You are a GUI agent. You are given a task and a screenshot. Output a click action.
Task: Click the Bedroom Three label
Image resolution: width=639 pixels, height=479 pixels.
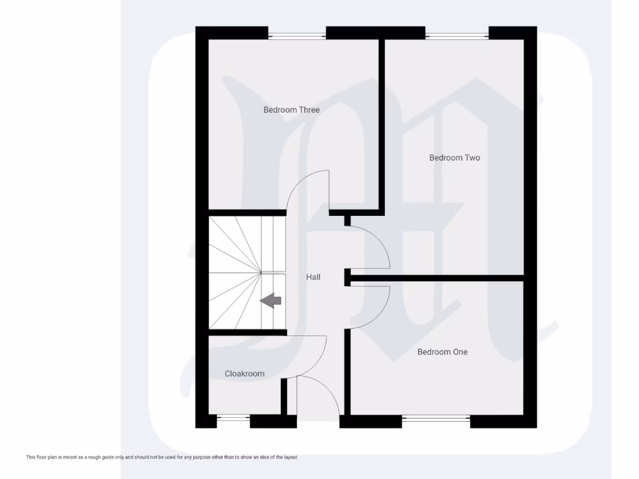pos(291,110)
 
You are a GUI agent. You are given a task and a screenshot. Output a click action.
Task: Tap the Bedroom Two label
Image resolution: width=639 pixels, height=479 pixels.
pos(454,158)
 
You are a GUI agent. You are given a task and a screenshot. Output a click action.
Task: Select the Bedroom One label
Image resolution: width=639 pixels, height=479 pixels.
pos(442,352)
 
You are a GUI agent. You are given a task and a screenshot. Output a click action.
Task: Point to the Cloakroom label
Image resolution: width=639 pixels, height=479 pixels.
pos(245,374)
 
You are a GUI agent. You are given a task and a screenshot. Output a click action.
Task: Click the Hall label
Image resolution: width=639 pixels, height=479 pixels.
pos(313,277)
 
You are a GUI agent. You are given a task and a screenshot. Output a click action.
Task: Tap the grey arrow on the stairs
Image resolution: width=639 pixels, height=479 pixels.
pos(271,301)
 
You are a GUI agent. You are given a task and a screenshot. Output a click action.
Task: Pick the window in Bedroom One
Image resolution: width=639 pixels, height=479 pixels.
pos(436,419)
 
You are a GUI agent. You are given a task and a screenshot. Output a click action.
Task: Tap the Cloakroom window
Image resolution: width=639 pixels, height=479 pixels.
pos(233,419)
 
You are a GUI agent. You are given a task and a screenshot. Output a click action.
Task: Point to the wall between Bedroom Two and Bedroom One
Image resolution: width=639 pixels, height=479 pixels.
pos(437,278)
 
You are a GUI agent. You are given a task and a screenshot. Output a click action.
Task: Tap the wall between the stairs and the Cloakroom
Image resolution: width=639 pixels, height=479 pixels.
pos(247,332)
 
